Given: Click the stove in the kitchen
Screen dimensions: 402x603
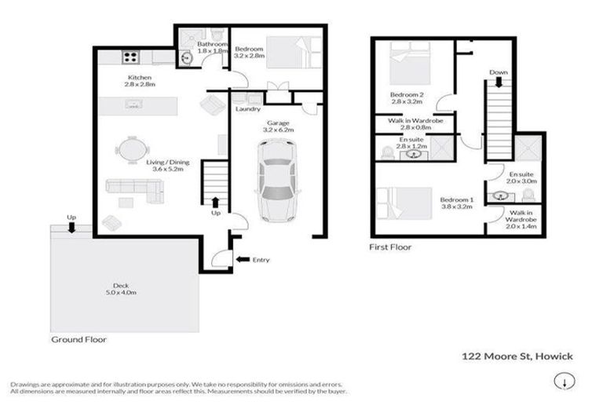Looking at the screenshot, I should point(130,57).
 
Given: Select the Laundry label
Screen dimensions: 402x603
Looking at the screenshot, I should point(247,109).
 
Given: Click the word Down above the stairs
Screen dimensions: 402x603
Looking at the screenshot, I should point(498,72).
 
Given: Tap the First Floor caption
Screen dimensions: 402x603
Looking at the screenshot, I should point(389,247).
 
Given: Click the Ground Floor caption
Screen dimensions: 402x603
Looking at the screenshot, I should point(79,340).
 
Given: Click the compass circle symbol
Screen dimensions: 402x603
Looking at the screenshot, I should point(562,381).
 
